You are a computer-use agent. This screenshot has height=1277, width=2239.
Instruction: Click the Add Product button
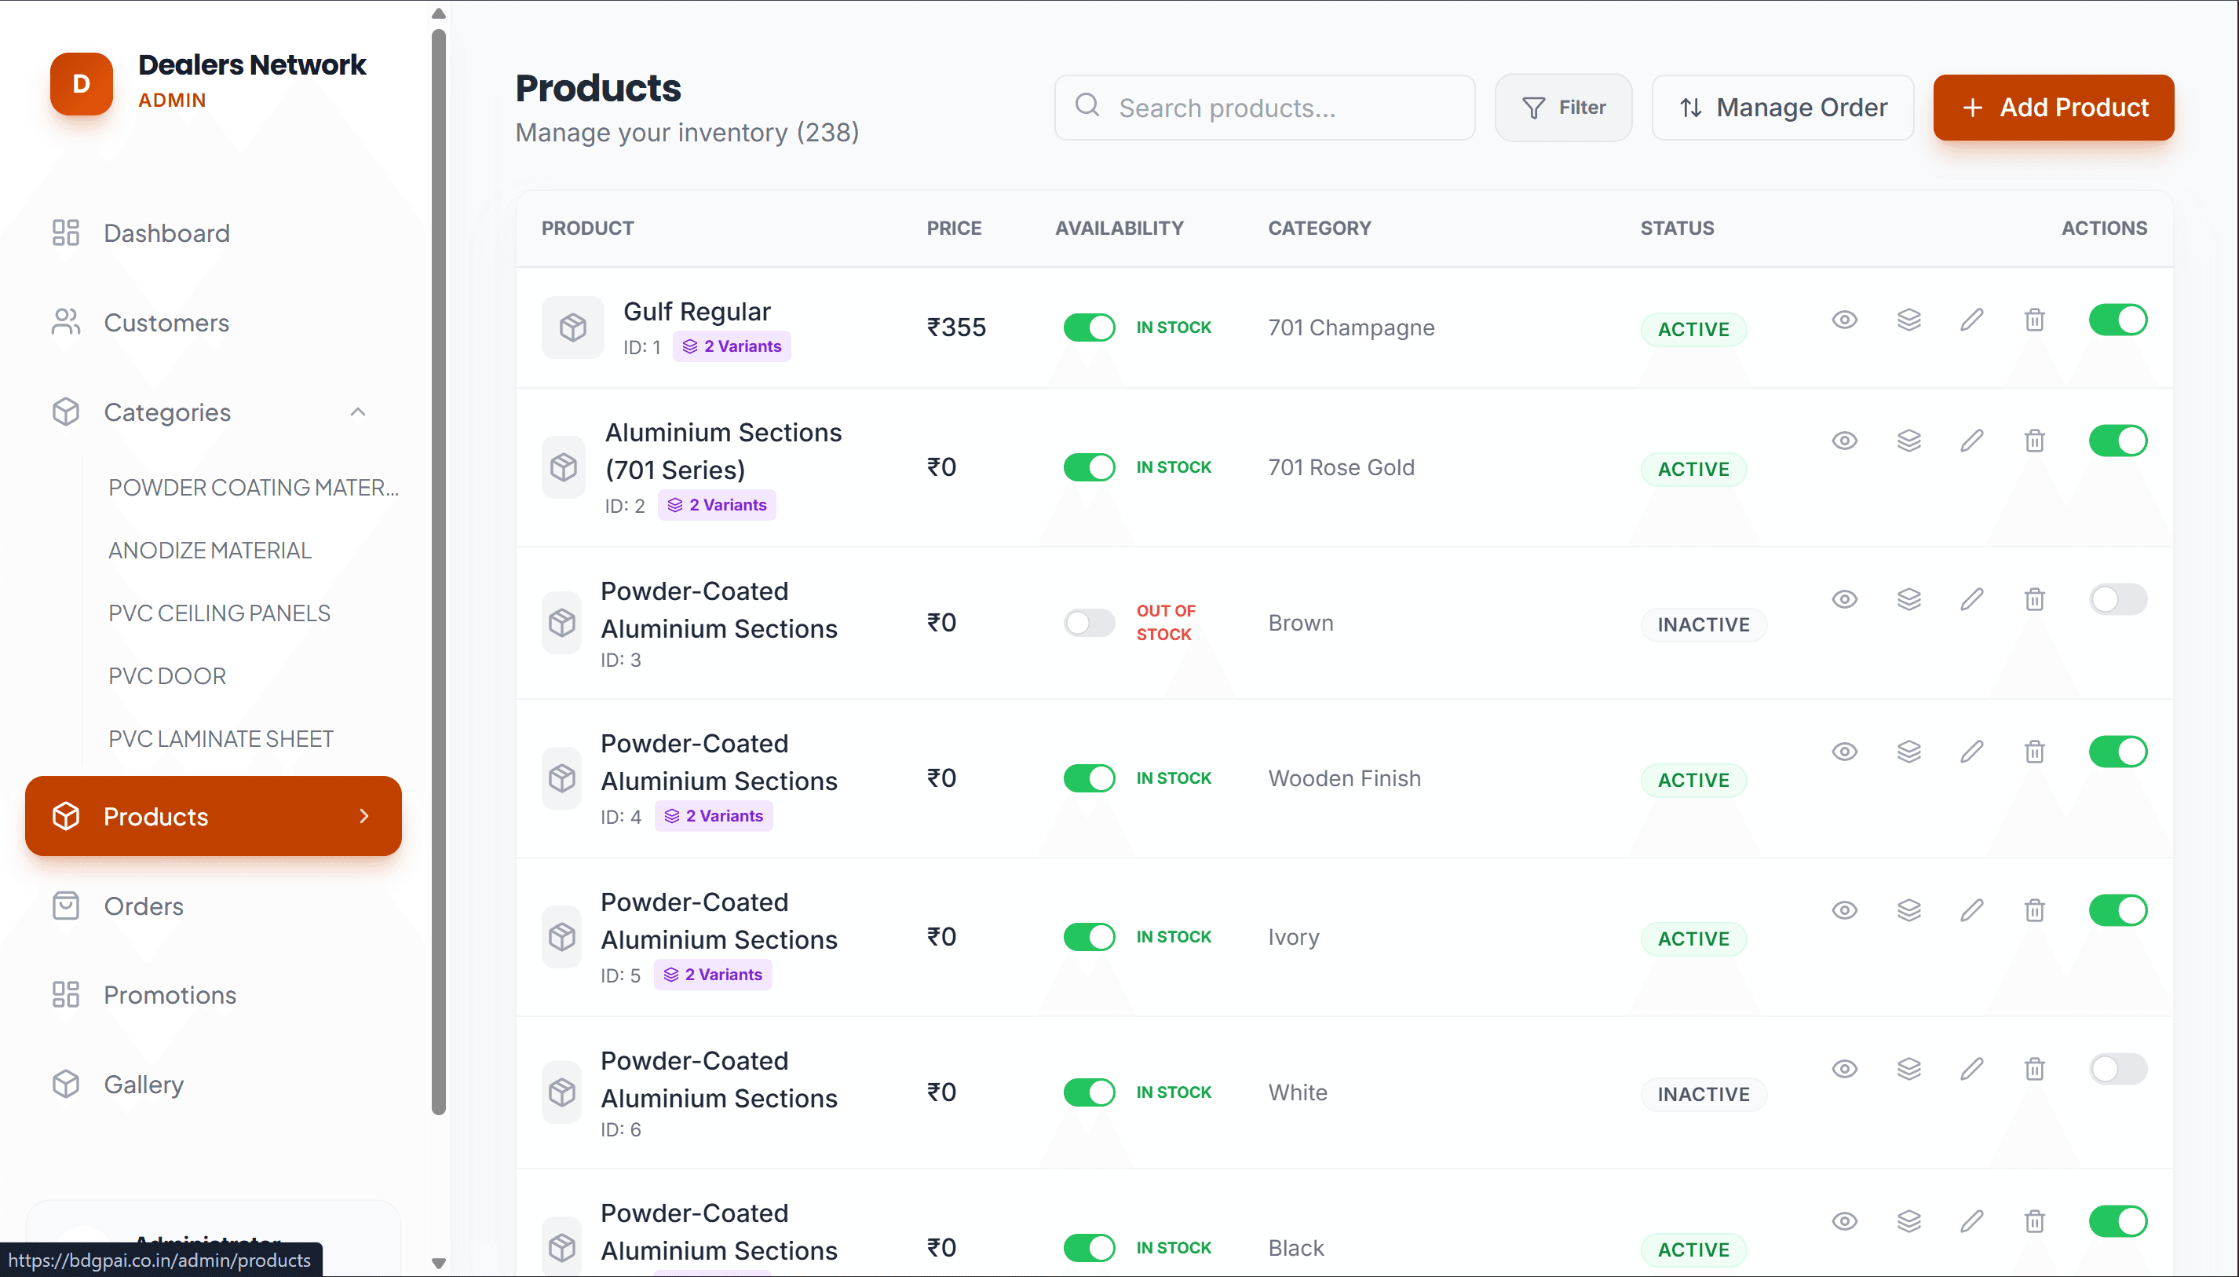[2052, 107]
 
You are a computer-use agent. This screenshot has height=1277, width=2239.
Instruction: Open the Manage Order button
[1782, 107]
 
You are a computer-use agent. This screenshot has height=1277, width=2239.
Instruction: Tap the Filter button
[1563, 107]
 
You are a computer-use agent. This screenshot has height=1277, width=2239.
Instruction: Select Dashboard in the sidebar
[166, 233]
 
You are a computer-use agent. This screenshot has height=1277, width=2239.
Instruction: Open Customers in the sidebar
[166, 323]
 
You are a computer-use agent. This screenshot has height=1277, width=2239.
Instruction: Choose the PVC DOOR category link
[167, 676]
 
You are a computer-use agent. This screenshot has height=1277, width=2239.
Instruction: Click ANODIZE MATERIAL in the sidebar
[210, 550]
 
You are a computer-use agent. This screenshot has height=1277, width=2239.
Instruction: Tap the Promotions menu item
[170, 996]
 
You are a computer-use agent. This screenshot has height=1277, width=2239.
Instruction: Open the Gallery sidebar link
[144, 1085]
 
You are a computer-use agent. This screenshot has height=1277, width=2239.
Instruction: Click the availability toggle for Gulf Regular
[1089, 327]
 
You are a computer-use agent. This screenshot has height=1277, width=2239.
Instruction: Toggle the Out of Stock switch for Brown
[1089, 623]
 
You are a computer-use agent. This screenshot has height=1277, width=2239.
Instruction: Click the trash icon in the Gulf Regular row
[2034, 320]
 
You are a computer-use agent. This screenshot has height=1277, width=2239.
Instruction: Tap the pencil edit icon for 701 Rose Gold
[1971, 441]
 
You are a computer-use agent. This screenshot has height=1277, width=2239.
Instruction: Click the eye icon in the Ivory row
[1844, 910]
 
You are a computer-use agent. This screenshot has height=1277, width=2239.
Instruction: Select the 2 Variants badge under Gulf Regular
[732, 346]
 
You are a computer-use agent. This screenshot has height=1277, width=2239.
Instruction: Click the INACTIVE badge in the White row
[1703, 1094]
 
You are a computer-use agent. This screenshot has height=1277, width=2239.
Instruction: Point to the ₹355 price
[956, 327]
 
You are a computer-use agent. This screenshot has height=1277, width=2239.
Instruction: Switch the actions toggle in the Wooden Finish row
[2117, 752]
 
